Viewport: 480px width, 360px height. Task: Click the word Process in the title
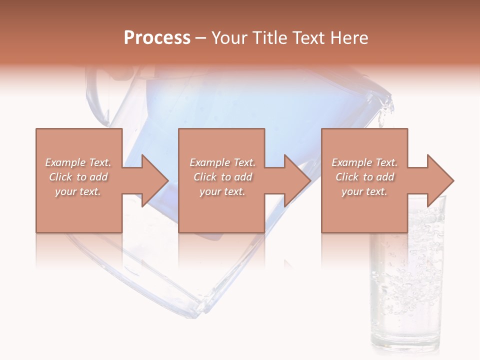(x=157, y=38)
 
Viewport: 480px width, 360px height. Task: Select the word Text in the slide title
(x=308, y=38)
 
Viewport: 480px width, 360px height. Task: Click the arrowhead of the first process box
(x=155, y=180)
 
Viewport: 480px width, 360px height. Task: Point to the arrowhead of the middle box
(x=297, y=180)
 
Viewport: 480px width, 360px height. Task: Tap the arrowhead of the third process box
(x=440, y=180)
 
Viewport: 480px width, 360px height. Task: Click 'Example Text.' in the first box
(x=78, y=162)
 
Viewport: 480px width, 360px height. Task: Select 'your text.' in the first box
(x=78, y=191)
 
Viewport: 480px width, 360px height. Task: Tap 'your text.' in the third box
(x=364, y=191)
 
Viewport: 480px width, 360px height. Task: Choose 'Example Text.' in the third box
(x=364, y=162)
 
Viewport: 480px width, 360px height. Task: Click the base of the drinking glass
(x=406, y=345)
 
